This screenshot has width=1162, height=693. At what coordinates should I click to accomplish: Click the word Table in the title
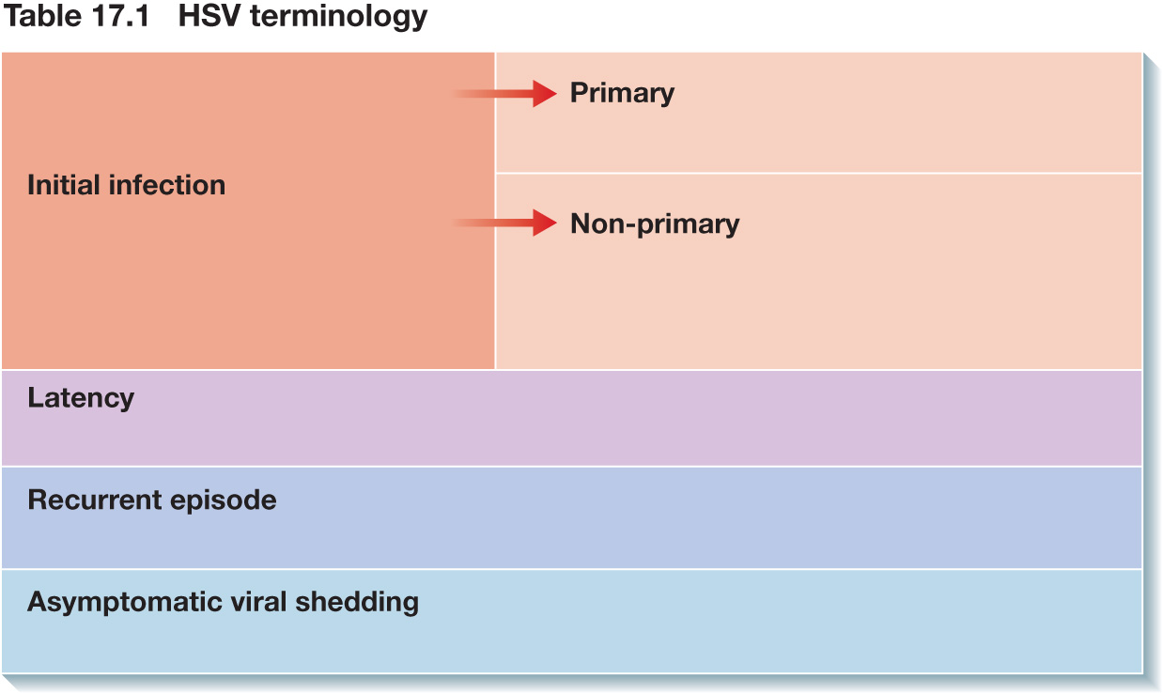(x=41, y=16)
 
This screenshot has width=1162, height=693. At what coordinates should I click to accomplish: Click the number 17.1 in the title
(x=120, y=16)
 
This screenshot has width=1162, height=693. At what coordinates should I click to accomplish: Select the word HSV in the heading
(x=209, y=16)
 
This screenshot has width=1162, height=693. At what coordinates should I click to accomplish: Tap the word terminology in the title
(x=339, y=18)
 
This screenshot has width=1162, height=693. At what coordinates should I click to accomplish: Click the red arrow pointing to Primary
(x=504, y=93)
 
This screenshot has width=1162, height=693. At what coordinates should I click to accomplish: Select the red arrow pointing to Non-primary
(x=504, y=223)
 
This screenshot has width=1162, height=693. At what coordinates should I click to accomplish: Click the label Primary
(x=622, y=94)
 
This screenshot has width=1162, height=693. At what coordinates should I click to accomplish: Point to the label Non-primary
(x=655, y=224)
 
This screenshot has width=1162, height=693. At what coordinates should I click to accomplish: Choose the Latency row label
(x=81, y=398)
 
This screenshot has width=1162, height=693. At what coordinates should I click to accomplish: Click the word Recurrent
(x=95, y=500)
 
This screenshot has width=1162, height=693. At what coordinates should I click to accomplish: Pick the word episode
(x=223, y=501)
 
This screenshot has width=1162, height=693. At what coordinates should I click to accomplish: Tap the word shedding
(x=357, y=603)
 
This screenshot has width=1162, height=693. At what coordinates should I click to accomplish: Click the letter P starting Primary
(x=580, y=93)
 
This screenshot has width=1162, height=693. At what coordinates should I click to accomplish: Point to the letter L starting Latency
(x=36, y=398)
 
